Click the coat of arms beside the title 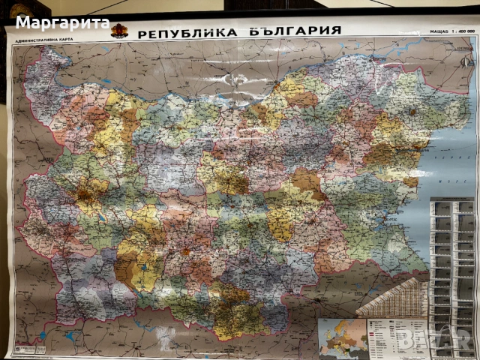(x=119, y=31)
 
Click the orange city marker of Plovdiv (x=184, y=251)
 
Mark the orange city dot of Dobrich (x=412, y=112)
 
